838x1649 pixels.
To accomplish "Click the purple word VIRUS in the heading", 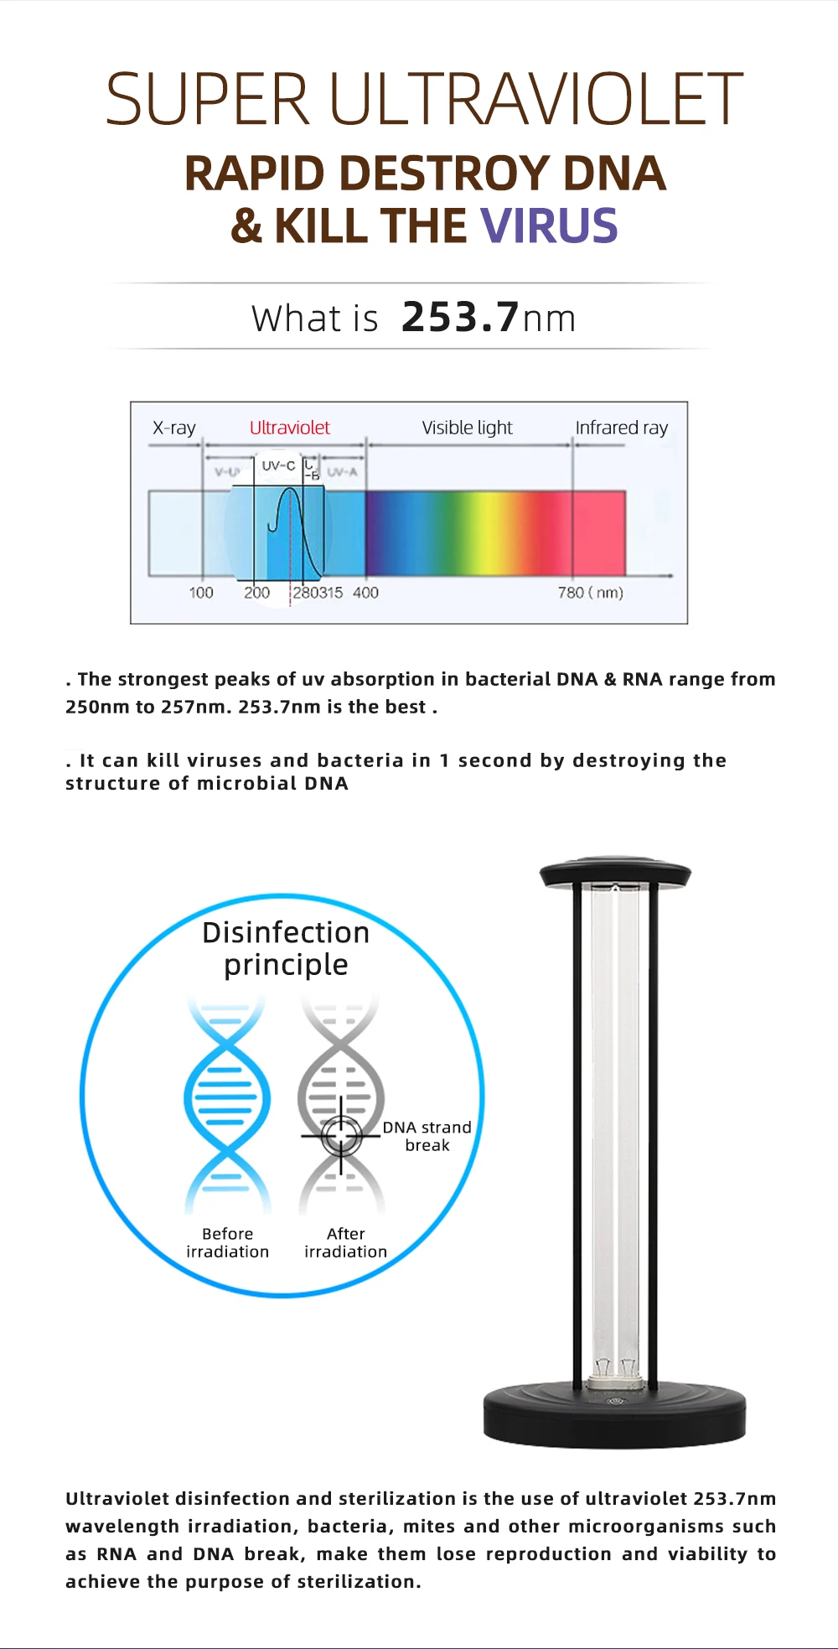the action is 549,226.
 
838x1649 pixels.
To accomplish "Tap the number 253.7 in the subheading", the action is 460,318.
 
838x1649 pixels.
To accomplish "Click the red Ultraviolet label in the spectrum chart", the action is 290,428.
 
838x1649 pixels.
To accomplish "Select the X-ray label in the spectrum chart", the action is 174,428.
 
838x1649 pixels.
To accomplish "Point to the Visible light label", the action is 467,428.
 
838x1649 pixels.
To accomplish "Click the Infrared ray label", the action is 621,428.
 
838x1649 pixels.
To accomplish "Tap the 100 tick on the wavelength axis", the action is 201,593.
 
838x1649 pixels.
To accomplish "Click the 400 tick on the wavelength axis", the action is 365,593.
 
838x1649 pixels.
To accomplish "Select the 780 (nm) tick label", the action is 590,593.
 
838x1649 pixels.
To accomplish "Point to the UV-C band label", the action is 278,466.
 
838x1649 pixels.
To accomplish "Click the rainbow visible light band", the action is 469,532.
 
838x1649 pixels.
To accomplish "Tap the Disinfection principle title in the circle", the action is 286,948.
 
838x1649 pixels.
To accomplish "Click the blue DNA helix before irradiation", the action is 227,1098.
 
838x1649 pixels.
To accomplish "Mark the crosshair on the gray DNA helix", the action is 341,1136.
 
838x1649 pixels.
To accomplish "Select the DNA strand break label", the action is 427,1136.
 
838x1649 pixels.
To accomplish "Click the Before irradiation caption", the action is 227,1242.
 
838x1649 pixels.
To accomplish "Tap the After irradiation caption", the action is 345,1242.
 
